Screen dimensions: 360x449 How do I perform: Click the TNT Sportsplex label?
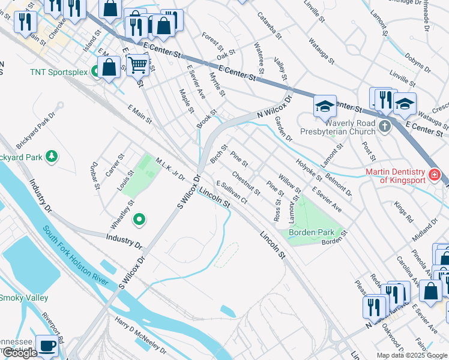(59, 73)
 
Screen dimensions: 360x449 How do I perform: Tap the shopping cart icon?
(138, 64)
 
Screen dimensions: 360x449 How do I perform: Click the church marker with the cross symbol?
(384, 127)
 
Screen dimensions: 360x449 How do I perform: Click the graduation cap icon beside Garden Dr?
(325, 106)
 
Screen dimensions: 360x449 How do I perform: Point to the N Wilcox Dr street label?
(274, 107)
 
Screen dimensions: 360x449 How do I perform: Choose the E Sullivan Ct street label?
(232, 193)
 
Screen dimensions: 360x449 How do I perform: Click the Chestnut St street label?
(246, 184)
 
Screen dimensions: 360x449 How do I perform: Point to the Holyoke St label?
(309, 169)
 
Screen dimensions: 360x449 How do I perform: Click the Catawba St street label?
(270, 26)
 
